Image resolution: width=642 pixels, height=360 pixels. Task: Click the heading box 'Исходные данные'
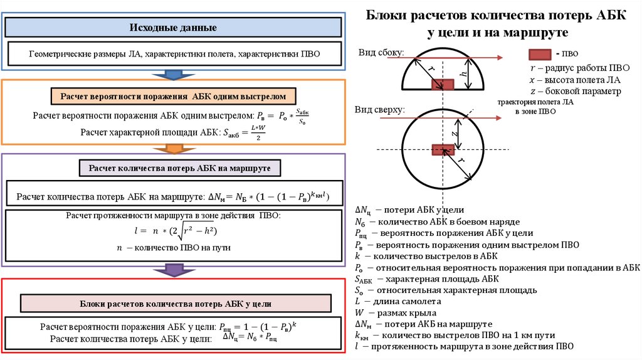click(x=174, y=28)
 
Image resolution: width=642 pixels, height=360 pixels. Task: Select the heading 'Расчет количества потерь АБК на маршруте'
click(x=180, y=168)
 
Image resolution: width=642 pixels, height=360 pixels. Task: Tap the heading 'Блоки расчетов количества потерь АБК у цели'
click(x=176, y=303)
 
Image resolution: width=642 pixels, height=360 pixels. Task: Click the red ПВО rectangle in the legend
click(x=539, y=54)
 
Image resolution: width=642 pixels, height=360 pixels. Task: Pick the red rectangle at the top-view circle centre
click(x=442, y=149)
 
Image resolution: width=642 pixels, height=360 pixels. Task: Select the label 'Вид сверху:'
click(x=381, y=110)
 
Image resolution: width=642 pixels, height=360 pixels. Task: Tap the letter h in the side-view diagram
click(x=463, y=74)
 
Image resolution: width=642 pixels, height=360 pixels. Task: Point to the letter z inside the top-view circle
click(x=456, y=133)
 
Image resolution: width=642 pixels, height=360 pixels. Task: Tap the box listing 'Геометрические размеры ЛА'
click(x=174, y=55)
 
